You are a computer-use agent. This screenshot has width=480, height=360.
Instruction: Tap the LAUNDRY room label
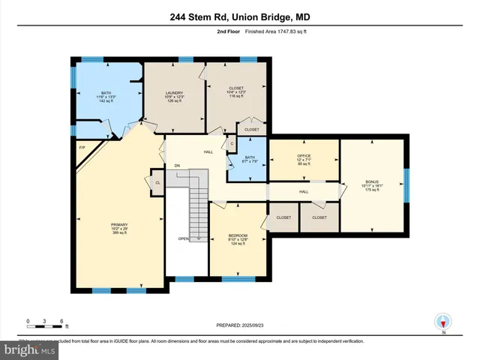[174, 95]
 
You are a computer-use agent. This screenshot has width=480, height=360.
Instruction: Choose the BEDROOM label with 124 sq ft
[237, 238]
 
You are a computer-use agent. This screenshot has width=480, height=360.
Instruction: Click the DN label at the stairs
[177, 165]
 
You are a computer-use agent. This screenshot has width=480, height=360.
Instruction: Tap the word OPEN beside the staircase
[183, 238]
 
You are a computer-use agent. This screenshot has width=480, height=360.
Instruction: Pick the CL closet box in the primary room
[157, 182]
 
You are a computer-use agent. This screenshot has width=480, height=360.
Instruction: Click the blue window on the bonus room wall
[405, 184]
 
